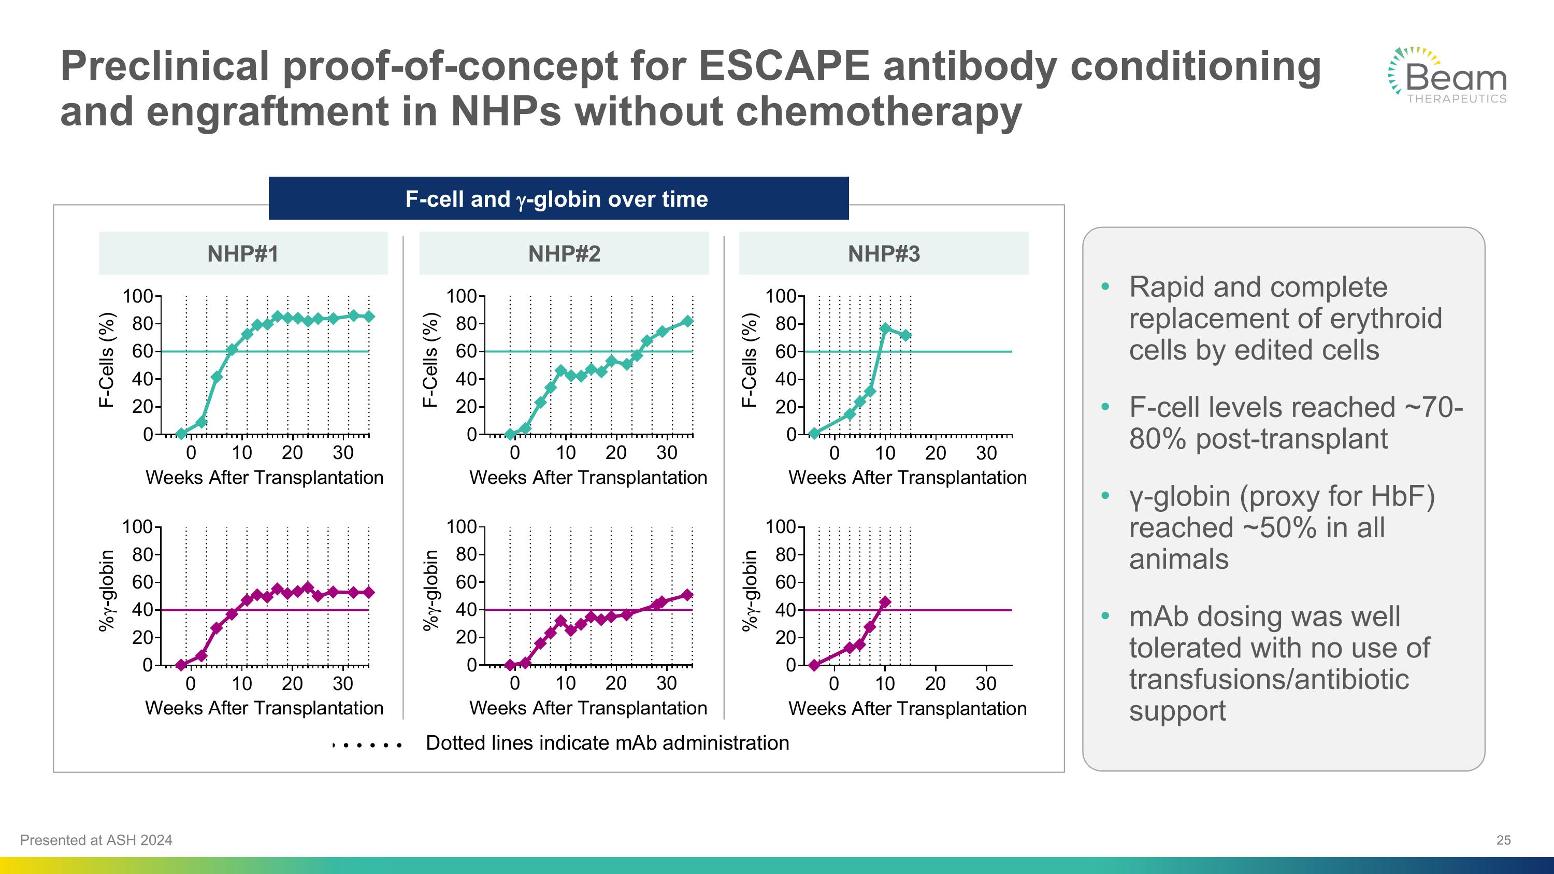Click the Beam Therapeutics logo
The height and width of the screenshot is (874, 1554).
coord(1448,76)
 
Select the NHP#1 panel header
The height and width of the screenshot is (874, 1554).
coord(243,254)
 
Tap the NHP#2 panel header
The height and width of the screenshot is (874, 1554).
coord(564,254)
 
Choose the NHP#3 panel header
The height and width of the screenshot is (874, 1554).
coord(884,254)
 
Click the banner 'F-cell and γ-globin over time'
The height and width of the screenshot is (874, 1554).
coord(558,198)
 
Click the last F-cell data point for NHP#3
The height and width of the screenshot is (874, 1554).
coord(905,335)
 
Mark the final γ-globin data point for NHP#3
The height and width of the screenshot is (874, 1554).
coord(885,602)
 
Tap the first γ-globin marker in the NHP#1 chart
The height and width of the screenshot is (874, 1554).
coord(181,665)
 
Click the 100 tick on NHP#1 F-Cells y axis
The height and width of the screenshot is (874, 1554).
coord(138,296)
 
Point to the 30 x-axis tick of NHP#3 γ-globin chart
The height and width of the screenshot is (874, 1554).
coord(986,684)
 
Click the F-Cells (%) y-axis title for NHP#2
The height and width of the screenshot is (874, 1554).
coord(429,360)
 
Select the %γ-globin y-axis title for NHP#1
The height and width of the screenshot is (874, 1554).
coord(106,591)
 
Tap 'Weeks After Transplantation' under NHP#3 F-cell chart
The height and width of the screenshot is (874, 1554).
coord(908,478)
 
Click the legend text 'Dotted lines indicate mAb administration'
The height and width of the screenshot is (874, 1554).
coord(607,743)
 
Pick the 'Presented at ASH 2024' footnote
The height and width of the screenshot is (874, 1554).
coord(96,840)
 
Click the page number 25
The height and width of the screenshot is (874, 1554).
coord(1503,840)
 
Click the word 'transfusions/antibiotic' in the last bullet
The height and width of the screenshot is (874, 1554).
coord(1269,680)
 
